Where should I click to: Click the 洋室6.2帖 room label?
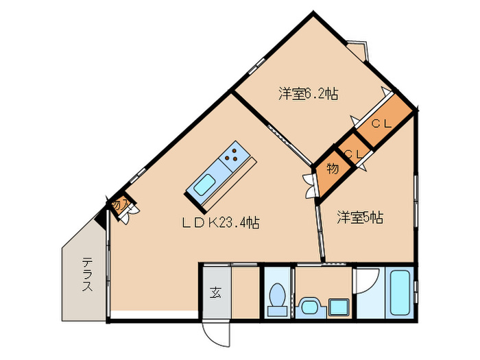[x=308, y=93]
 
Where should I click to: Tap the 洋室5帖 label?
[x=359, y=218]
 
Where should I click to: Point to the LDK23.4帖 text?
[x=219, y=223]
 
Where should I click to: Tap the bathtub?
[x=399, y=292]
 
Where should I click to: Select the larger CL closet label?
[x=381, y=124]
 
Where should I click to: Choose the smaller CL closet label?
[x=352, y=155]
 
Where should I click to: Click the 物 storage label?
[x=332, y=169]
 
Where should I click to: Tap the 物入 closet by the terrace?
[x=118, y=204]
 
